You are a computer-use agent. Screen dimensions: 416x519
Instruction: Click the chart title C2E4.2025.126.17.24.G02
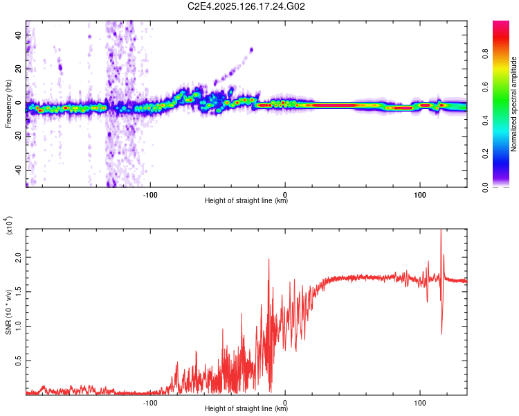click(247, 6)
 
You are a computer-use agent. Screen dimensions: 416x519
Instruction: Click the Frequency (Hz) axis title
click(8, 104)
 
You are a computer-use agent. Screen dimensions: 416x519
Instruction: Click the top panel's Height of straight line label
click(246, 201)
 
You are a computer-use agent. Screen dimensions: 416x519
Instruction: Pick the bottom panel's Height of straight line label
click(246, 409)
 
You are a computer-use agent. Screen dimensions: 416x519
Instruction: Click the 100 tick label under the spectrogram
click(420, 195)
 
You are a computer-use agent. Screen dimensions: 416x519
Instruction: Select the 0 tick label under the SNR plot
click(285, 402)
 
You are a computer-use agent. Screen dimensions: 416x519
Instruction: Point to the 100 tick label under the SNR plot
click(420, 402)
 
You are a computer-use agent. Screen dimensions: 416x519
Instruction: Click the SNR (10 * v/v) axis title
click(8, 311)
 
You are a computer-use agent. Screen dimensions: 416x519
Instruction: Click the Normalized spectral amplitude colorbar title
click(514, 104)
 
